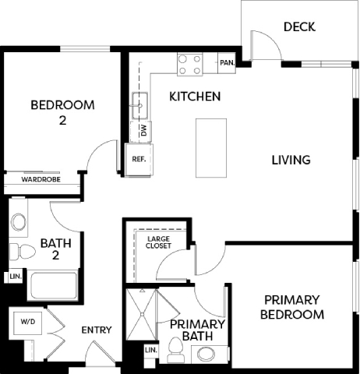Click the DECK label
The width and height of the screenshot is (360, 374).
(x=299, y=27)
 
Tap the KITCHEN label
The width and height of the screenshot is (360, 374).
(x=195, y=97)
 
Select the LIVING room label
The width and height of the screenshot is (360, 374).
(x=291, y=160)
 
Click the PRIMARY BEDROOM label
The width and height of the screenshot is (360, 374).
(x=293, y=307)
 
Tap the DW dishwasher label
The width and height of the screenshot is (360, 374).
(x=144, y=131)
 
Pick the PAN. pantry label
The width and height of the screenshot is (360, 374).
(x=228, y=63)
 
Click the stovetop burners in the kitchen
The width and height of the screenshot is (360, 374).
(x=189, y=64)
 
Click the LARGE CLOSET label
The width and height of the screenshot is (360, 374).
(x=159, y=242)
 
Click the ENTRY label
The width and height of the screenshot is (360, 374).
(x=97, y=330)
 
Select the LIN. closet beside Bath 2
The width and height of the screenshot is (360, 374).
(x=15, y=277)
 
